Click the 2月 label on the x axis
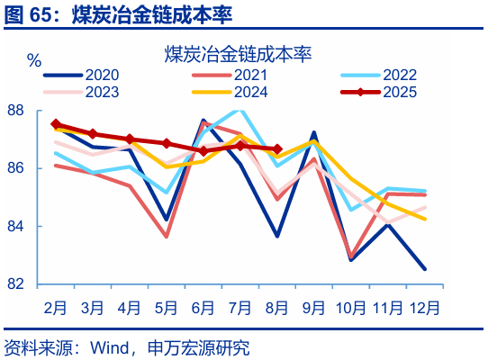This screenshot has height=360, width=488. click(56, 307)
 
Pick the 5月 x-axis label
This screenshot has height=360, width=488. click(166, 307)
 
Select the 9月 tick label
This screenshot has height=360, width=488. click(313, 307)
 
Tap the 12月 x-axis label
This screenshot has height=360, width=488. click(423, 307)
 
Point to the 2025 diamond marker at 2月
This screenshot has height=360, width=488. click(56, 124)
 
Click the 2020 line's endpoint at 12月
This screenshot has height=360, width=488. click(424, 268)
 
